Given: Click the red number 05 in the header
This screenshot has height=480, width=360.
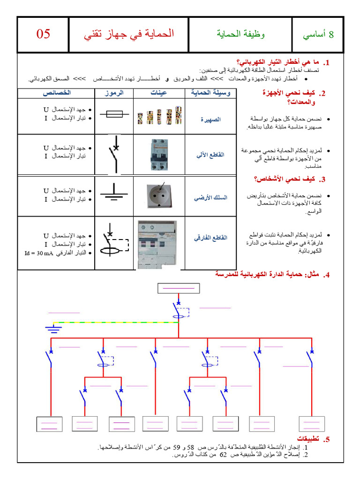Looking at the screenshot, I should click(x=43, y=34).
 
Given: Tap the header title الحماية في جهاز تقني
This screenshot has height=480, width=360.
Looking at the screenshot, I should click(x=129, y=34).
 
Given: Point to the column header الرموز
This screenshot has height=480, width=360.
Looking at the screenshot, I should click(x=113, y=93).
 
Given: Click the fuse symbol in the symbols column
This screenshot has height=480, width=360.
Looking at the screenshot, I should click(x=113, y=114).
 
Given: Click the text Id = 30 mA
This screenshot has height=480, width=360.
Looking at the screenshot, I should click(x=39, y=254).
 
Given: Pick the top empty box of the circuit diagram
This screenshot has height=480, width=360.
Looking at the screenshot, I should click(x=178, y=288).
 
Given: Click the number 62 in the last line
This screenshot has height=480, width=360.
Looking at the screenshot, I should click(x=223, y=455).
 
